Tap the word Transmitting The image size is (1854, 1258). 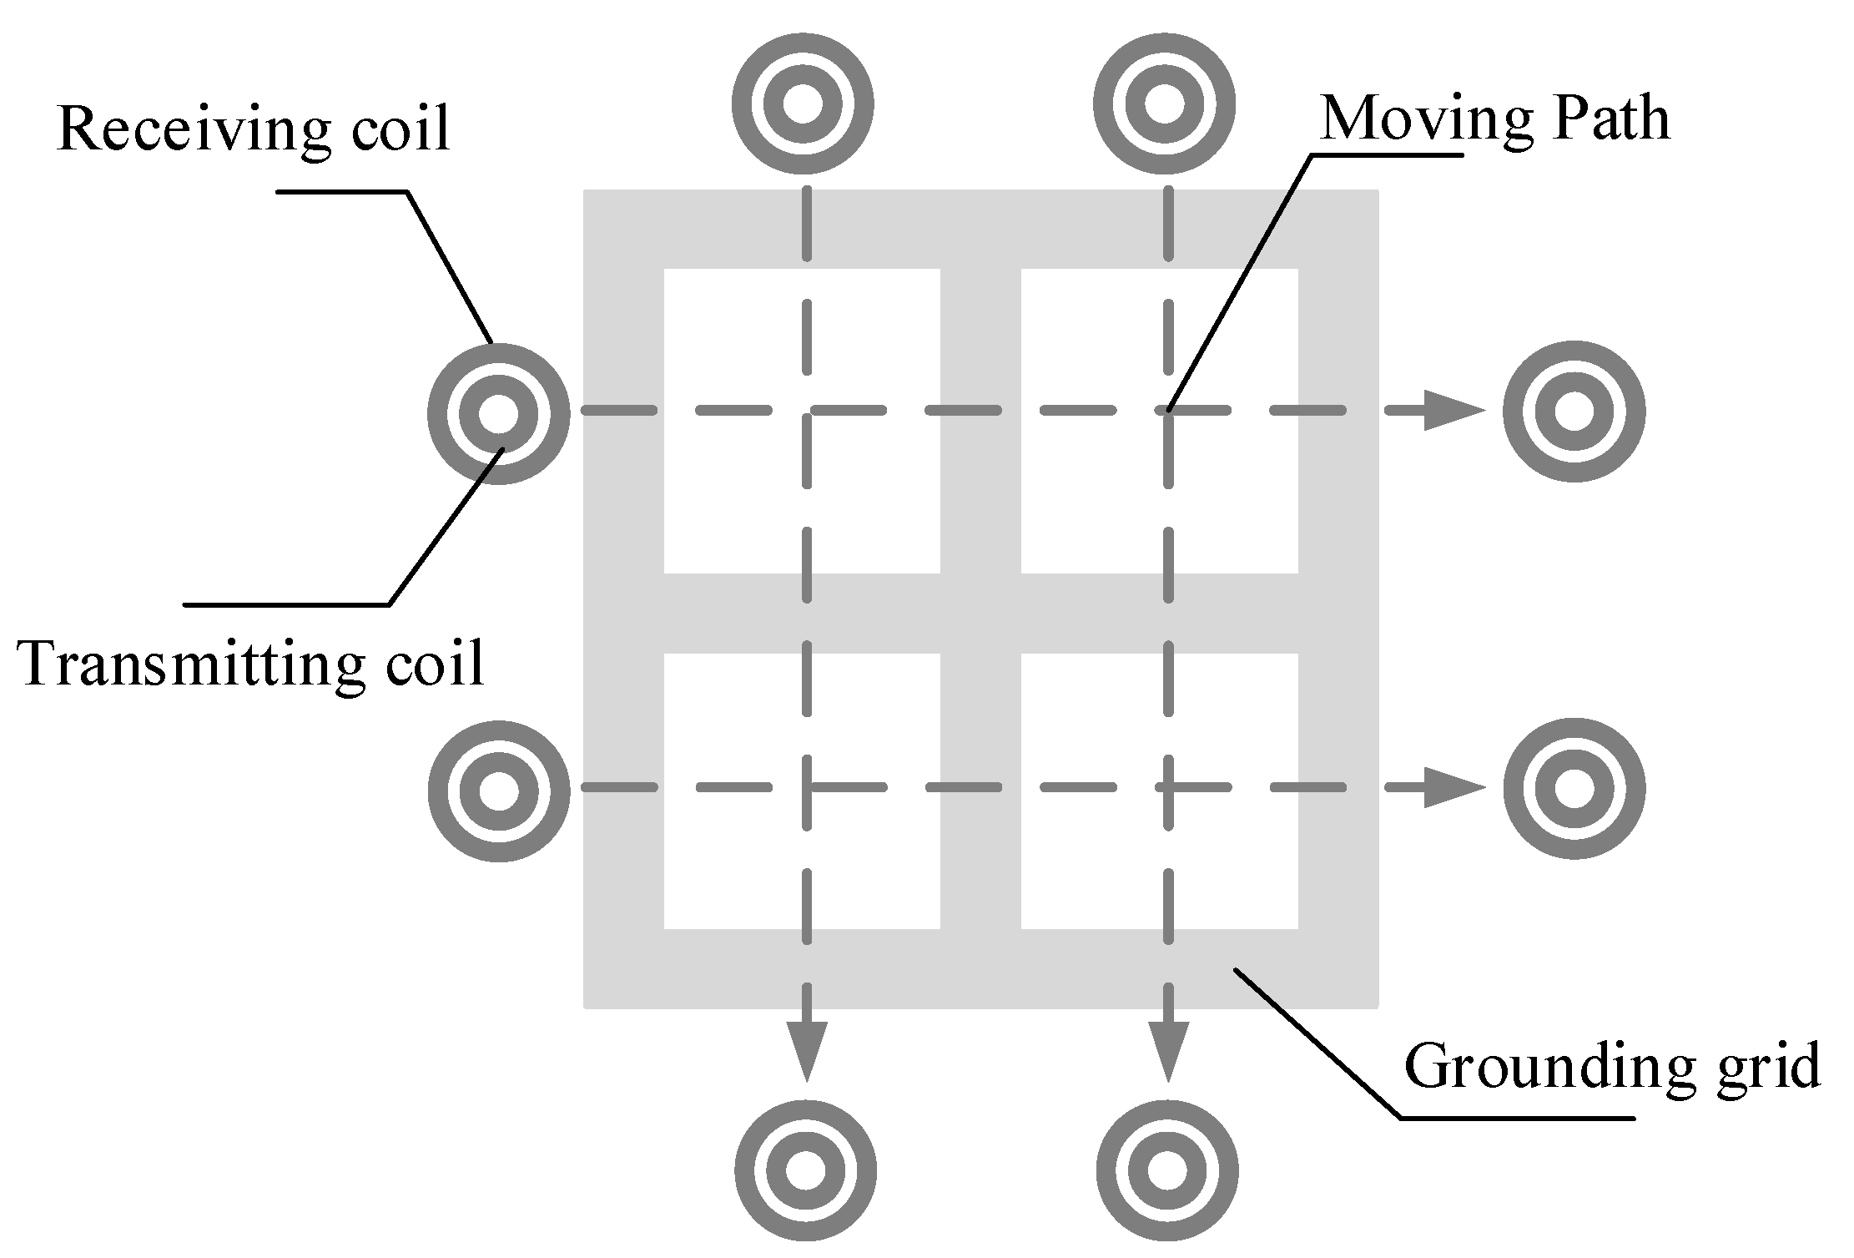point(190,664)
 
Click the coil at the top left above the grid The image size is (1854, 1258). point(803,104)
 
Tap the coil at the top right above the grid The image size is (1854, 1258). point(1164,104)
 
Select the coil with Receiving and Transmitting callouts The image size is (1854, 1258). point(499,413)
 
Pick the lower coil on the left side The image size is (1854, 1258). point(499,791)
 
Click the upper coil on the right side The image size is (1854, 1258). point(1574,412)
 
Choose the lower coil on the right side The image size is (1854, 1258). point(1574,788)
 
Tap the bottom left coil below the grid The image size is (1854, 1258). point(805,1170)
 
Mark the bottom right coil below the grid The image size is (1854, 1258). point(1166,1170)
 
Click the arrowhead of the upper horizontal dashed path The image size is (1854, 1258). point(1452,411)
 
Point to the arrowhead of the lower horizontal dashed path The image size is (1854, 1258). point(1452,787)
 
